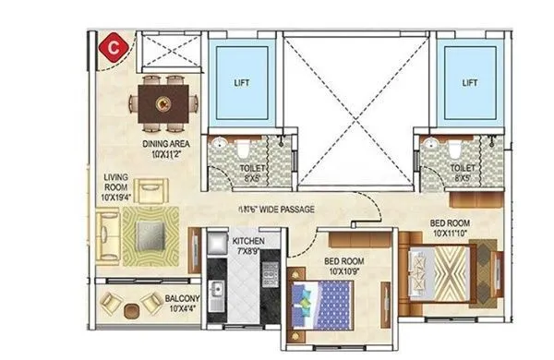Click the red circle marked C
[x=113, y=43]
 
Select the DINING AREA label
[x=167, y=149]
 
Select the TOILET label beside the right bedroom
[x=463, y=172]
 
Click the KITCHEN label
[x=248, y=245]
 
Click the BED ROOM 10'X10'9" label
[x=343, y=267]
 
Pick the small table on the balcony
[x=134, y=307]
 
